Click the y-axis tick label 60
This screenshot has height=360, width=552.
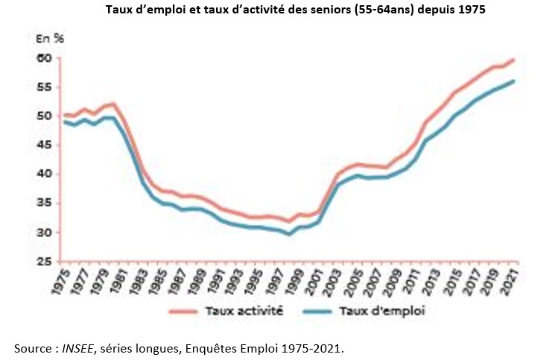pyautogui.click(x=44, y=58)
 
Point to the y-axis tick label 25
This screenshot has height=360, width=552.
pyautogui.click(x=44, y=262)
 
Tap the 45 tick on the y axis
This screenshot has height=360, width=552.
pyautogui.click(x=44, y=145)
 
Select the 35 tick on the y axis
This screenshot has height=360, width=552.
pyautogui.click(x=44, y=203)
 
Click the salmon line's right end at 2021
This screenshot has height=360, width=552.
pyautogui.click(x=514, y=60)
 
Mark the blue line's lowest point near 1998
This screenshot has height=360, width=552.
pyautogui.click(x=288, y=233)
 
